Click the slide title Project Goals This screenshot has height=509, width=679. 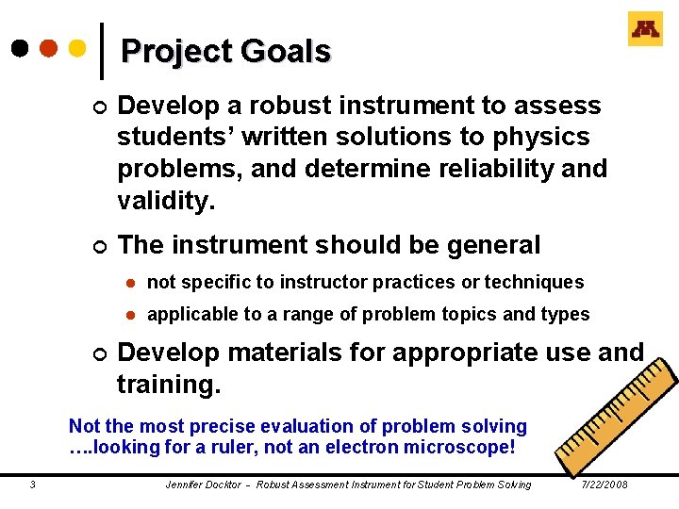pos(225,51)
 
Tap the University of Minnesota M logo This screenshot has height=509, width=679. pos(645,29)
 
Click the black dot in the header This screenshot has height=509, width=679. pos(20,46)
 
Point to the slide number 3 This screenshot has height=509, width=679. pos(33,484)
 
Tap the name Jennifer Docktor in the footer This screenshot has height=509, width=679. pos(202,484)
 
